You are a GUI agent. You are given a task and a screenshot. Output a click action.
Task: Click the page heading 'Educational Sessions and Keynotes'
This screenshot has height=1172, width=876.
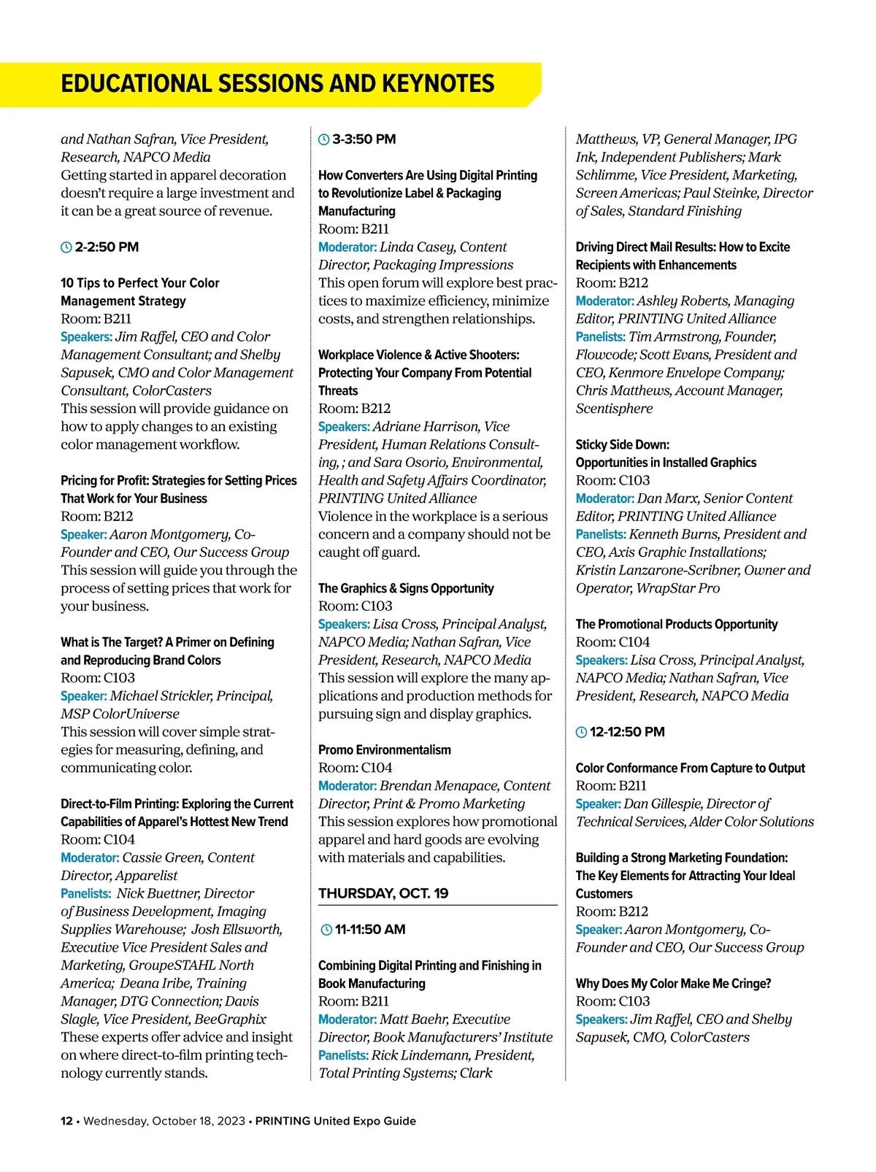point(277,84)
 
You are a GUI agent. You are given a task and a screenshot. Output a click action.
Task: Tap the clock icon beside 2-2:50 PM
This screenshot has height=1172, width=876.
point(66,247)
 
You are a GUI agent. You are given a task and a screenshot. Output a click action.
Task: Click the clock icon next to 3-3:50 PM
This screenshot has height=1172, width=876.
point(324,139)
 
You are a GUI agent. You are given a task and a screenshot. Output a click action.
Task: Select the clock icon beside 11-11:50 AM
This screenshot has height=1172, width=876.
point(326,930)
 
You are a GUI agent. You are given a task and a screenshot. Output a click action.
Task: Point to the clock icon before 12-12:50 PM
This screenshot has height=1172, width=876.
point(582,733)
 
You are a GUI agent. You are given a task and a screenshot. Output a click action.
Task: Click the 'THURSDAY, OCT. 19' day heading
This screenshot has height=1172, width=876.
point(383,893)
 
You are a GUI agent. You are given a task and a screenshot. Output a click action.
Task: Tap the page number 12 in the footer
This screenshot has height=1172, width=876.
point(66,1121)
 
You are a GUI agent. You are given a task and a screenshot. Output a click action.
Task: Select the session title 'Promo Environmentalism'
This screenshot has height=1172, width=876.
point(384,749)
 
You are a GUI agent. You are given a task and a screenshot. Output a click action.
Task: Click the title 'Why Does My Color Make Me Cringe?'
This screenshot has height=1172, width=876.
point(673,983)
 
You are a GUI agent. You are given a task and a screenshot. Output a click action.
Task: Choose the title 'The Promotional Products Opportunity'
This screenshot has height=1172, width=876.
point(676,624)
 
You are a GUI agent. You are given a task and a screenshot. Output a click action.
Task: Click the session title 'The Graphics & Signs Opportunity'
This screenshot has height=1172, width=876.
point(406,588)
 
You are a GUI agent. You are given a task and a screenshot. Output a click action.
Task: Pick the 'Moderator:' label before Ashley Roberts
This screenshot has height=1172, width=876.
point(604,301)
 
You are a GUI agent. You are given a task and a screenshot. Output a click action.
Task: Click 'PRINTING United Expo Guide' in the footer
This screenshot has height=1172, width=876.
point(335,1121)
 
